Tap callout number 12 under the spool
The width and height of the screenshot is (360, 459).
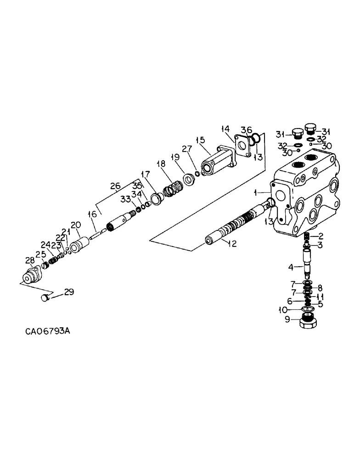(x=232, y=244)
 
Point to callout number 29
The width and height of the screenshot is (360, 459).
(x=69, y=291)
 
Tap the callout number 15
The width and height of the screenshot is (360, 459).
(x=200, y=140)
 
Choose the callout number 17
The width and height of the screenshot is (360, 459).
(x=146, y=174)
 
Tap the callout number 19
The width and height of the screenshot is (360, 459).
(x=174, y=157)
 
